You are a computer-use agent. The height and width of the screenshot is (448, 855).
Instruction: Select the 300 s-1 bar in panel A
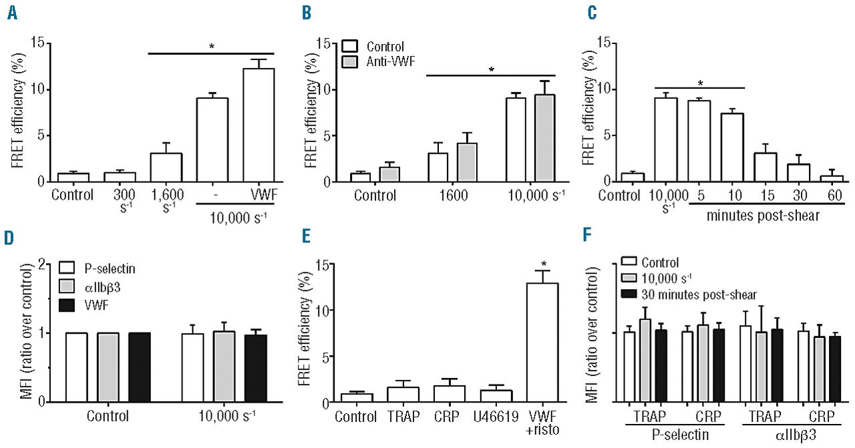pyautogui.click(x=120, y=177)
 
